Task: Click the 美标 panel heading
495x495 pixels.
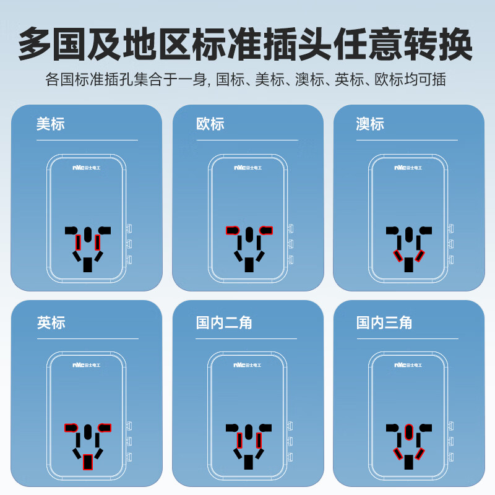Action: pos(50,124)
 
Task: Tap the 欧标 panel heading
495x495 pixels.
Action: pos(210,124)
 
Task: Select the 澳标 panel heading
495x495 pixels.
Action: pos(370,124)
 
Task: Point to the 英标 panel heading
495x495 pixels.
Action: pos(50,322)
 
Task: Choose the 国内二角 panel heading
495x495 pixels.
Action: pos(224,322)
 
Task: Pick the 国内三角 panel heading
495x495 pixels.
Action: pos(384,322)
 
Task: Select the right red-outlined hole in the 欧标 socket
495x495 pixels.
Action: pos(267,230)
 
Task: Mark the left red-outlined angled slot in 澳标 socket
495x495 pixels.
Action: pos(399,256)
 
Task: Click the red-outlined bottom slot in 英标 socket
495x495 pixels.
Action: pos(88,462)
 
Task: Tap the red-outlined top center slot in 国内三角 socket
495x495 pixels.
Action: pos(408,431)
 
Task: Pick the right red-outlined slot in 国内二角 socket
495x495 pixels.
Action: pos(259,439)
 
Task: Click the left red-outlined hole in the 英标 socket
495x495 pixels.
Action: pos(70,428)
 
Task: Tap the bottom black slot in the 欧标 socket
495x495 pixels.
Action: pos(249,265)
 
